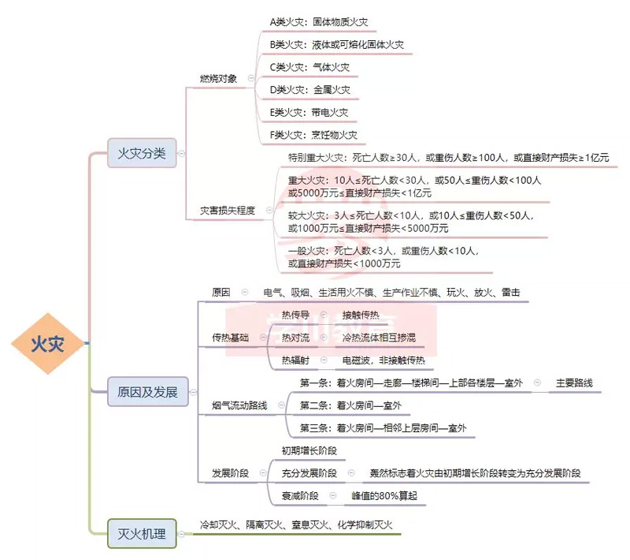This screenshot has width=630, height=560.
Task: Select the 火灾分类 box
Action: click(142, 153)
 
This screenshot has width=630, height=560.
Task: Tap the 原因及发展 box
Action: click(147, 391)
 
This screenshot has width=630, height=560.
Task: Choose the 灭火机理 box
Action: click(142, 534)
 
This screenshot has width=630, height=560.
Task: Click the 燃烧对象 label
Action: click(218, 78)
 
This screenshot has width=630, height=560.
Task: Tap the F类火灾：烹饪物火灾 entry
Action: click(313, 135)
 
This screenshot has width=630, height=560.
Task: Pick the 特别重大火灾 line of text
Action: click(448, 158)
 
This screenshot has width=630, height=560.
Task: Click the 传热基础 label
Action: click(230, 338)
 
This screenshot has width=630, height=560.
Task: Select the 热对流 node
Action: click(295, 338)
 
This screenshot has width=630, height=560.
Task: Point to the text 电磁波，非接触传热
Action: click(383, 360)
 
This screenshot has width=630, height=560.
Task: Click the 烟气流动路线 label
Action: click(239, 405)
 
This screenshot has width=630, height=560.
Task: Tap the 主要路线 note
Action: click(573, 383)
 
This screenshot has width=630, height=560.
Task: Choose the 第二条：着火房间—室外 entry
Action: click(350, 405)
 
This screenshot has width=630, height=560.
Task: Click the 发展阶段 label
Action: click(230, 473)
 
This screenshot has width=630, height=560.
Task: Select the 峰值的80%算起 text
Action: click(384, 496)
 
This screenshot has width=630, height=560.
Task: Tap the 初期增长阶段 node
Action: click(309, 450)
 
